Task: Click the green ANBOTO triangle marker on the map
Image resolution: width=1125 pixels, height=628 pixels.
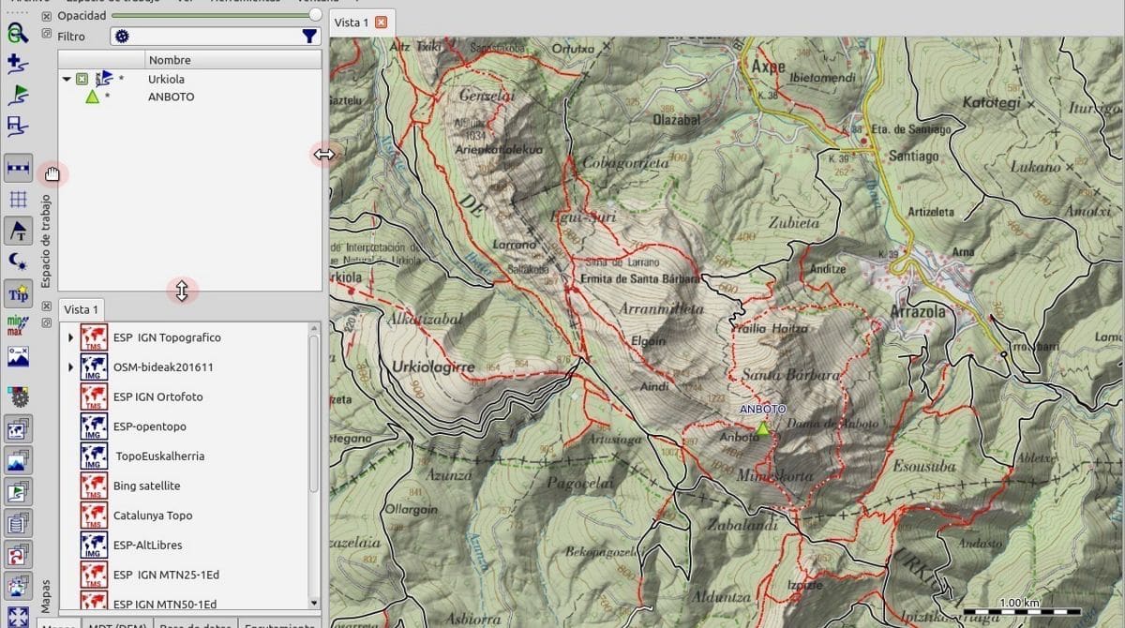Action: pyautogui.click(x=762, y=427)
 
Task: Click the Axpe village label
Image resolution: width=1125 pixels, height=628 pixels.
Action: pyautogui.click(x=768, y=67)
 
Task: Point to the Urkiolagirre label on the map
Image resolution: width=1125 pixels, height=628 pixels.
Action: pyautogui.click(x=434, y=366)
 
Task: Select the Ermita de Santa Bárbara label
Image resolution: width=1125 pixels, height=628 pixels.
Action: pyautogui.click(x=639, y=278)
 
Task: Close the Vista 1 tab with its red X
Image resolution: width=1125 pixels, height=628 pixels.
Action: pyautogui.click(x=381, y=22)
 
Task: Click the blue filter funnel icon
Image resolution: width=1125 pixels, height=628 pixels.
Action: pyautogui.click(x=309, y=37)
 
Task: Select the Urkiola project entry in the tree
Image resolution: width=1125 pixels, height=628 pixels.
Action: pyautogui.click(x=165, y=80)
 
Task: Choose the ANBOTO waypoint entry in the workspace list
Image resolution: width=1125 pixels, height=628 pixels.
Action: pyautogui.click(x=171, y=97)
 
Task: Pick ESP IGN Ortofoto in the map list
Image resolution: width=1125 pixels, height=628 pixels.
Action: pyautogui.click(x=157, y=396)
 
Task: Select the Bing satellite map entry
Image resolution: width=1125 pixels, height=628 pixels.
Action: pyautogui.click(x=146, y=486)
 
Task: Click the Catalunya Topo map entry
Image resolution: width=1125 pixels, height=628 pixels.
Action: pyautogui.click(x=152, y=516)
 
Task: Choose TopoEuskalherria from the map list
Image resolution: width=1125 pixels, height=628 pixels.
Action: pyautogui.click(x=159, y=456)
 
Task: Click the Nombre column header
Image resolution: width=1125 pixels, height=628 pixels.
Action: pyautogui.click(x=169, y=60)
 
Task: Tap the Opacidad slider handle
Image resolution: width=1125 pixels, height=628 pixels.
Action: pyautogui.click(x=315, y=16)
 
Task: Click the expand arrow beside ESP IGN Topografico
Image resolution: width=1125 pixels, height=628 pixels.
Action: pyautogui.click(x=70, y=337)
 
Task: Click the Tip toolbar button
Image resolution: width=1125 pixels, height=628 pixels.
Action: pyautogui.click(x=18, y=293)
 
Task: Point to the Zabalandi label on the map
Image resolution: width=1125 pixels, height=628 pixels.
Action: pyautogui.click(x=742, y=525)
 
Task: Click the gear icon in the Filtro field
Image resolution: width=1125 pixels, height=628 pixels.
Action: pyautogui.click(x=122, y=37)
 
